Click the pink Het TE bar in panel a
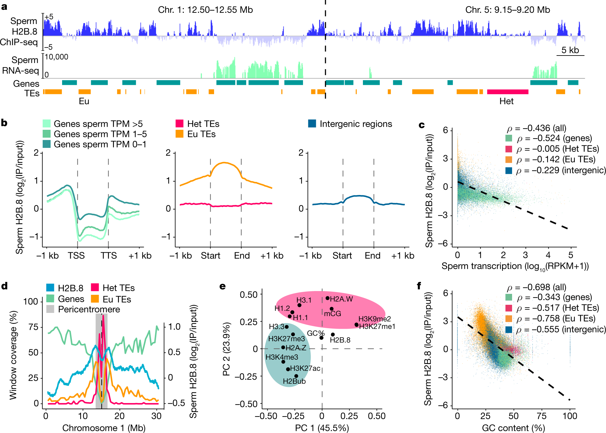click(507, 92)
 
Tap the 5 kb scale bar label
click(570, 50)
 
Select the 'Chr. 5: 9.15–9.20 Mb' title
click(507, 10)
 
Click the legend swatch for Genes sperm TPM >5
click(46, 124)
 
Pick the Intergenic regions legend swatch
click(312, 124)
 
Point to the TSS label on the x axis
click(76, 256)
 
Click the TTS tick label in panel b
click(109, 256)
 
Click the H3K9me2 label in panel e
click(374, 319)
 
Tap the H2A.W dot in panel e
click(327, 298)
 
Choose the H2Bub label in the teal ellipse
click(294, 381)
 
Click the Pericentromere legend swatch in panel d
click(50, 309)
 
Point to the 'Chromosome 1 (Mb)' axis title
click(104, 428)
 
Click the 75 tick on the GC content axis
click(542, 416)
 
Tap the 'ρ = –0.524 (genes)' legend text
click(554, 138)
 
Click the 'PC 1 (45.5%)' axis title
click(322, 428)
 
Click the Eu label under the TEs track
click(84, 101)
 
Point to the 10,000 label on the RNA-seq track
click(56, 57)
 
